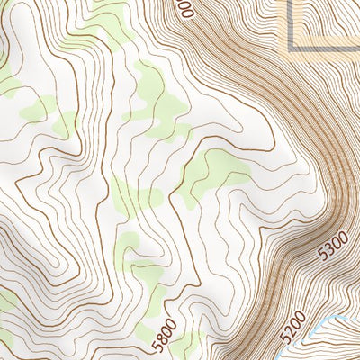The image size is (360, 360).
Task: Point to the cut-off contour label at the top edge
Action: (x=186, y=8)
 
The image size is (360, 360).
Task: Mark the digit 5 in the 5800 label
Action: (x=157, y=347)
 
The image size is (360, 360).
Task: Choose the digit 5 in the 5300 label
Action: (x=324, y=253)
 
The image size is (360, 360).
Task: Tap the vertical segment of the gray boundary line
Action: (x=292, y=22)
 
